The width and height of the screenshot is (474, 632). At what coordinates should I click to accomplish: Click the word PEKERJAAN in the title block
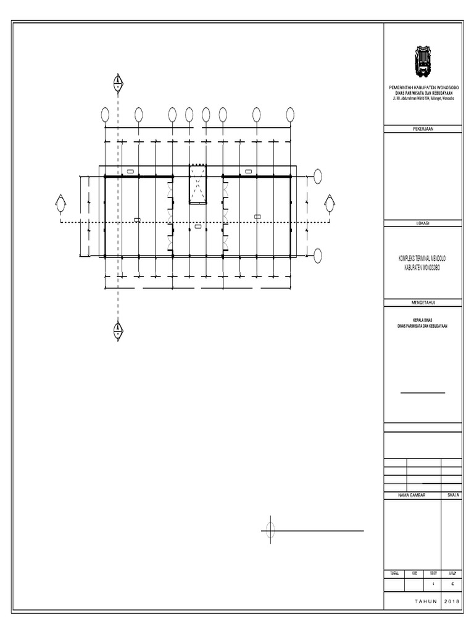[423, 129]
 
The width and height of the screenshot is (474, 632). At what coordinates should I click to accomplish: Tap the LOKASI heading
[423, 222]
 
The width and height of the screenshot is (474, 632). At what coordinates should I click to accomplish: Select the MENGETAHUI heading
[423, 302]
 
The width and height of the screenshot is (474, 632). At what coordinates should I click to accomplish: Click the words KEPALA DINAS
[423, 320]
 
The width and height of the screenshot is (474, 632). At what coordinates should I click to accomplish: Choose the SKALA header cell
[452, 496]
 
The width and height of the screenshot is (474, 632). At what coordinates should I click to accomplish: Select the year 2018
[452, 601]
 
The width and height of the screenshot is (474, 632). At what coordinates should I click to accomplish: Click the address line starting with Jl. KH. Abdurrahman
[423, 99]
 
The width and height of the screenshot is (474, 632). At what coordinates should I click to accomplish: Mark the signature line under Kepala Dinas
[423, 393]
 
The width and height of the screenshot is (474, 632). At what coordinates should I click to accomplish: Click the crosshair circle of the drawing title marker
[270, 530]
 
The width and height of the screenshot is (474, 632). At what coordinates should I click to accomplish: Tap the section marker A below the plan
[117, 330]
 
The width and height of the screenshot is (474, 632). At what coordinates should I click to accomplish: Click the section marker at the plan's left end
[60, 204]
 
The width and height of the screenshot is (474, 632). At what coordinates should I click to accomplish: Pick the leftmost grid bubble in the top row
[105, 115]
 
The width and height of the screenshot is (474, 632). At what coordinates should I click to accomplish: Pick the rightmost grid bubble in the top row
[290, 115]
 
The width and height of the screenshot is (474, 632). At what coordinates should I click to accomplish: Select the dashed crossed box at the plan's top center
[197, 183]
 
